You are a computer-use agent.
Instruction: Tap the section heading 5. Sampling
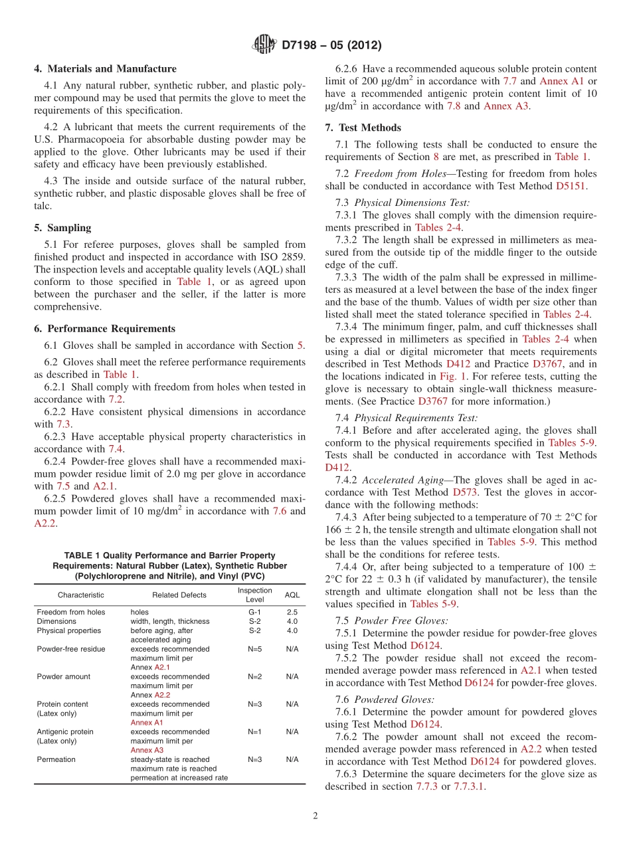click(62, 227)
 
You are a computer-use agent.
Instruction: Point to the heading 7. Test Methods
click(363, 128)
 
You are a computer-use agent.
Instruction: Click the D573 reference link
click(464, 492)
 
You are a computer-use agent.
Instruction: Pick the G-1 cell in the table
click(254, 612)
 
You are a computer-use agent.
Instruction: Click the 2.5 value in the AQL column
click(292, 612)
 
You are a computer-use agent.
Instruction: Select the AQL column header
click(292, 595)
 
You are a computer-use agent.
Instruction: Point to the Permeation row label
click(56, 759)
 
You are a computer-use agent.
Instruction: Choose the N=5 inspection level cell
click(254, 649)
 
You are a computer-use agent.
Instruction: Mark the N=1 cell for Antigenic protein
click(254, 731)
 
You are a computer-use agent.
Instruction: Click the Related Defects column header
click(179, 595)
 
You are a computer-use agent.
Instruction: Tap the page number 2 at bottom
click(315, 816)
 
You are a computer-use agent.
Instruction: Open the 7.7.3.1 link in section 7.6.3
click(469, 787)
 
